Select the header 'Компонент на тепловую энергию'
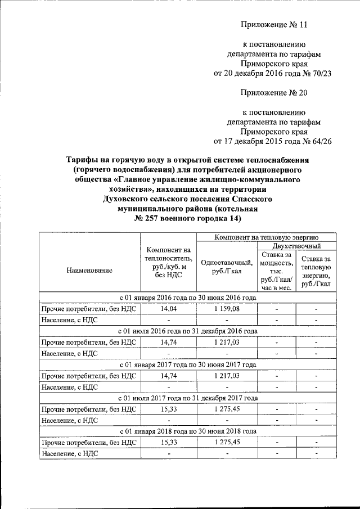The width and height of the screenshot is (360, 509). coord(266,238)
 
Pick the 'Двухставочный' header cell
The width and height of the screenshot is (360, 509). coord(296,246)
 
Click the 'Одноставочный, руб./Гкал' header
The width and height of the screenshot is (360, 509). coord(227,266)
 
